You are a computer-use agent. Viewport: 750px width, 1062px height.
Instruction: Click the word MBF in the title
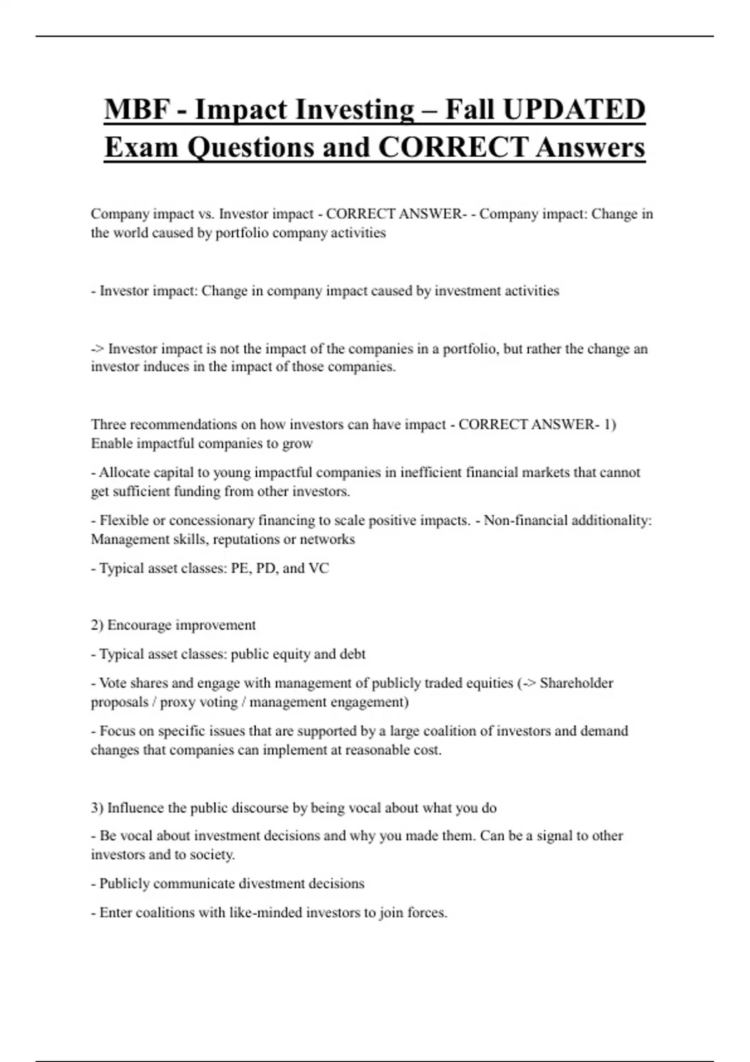coord(137,109)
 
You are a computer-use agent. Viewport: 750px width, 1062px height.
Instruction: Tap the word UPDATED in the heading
coord(574,109)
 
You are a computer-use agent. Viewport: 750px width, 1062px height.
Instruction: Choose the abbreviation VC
coord(319,568)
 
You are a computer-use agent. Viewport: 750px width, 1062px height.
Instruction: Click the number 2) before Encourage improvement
coord(97,625)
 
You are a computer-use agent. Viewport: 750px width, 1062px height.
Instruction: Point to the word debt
coord(352,654)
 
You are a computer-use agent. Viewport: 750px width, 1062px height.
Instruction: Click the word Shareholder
coord(576,683)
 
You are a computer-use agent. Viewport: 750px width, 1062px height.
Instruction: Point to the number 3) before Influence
coord(97,808)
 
